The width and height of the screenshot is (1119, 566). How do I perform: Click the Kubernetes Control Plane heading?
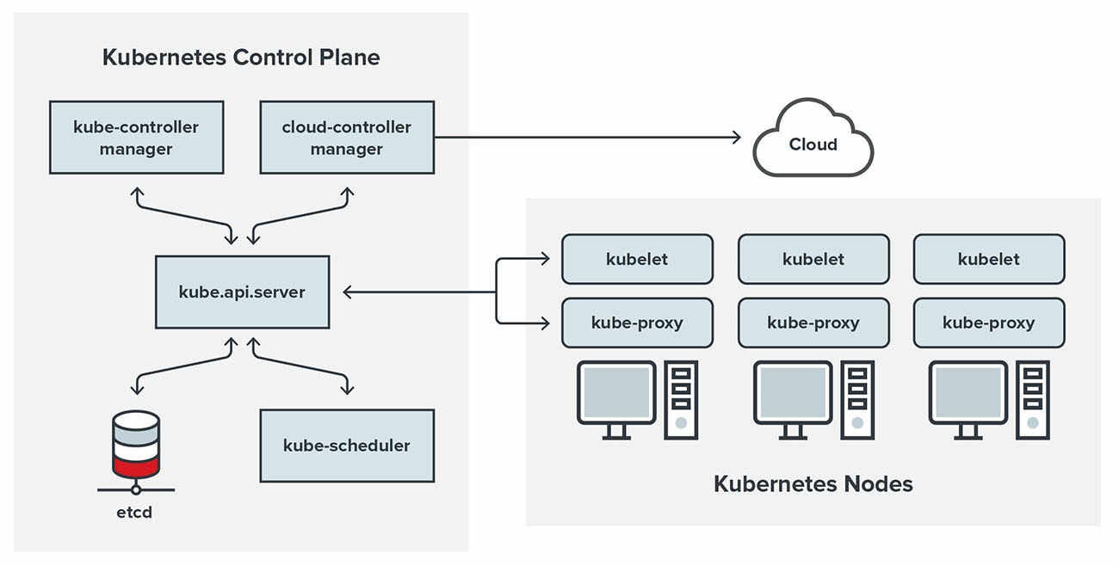(x=241, y=58)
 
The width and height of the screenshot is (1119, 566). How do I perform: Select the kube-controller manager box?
(x=136, y=138)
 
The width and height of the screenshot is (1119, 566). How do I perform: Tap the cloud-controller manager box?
(x=347, y=138)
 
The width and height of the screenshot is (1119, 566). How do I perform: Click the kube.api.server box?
(x=242, y=292)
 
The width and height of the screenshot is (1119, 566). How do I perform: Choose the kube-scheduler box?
(x=347, y=446)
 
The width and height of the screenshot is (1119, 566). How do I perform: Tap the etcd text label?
(x=136, y=514)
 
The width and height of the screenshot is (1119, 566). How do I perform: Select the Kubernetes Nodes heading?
(x=813, y=483)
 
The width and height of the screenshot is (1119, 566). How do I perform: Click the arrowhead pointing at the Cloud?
(x=735, y=137)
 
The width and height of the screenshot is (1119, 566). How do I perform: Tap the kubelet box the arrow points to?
(x=637, y=259)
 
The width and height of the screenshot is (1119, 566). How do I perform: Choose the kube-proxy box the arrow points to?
(x=637, y=323)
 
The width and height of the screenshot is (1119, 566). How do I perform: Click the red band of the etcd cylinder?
(x=136, y=465)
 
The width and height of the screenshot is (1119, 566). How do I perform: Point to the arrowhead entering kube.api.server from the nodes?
(x=348, y=292)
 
